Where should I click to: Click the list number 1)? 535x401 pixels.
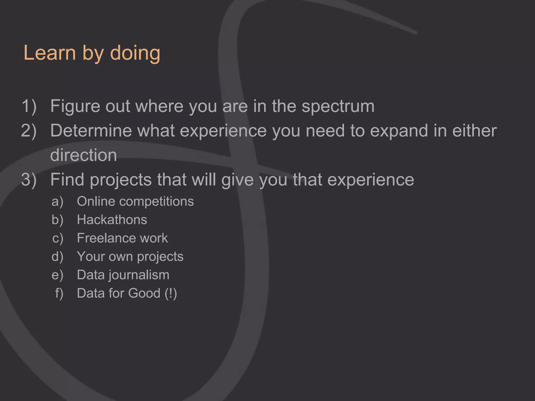click(29, 106)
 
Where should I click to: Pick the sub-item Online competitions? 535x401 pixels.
click(135, 202)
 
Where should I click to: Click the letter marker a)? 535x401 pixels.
click(57, 202)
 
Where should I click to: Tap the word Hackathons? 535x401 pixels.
click(112, 220)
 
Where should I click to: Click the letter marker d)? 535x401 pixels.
click(57, 256)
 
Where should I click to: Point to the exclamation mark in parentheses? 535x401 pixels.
click(171, 293)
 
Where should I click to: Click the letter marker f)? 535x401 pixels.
click(59, 293)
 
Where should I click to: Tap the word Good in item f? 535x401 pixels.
click(144, 293)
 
